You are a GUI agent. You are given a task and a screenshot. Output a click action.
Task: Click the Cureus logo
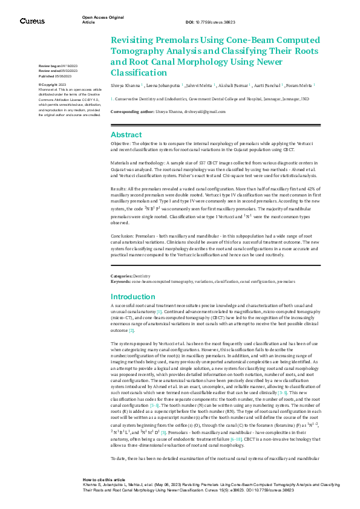tap(32, 21)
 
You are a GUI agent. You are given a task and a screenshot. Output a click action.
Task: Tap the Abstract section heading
tap(126, 135)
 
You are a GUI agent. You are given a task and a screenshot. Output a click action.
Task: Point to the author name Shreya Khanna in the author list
tap(125, 86)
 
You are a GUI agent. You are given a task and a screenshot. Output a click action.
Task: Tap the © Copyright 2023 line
tap(53, 85)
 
